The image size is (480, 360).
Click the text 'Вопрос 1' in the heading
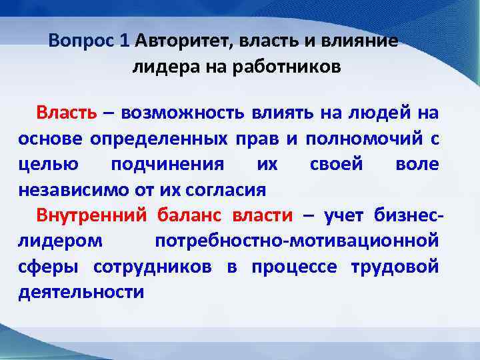coord(89,41)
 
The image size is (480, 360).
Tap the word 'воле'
coord(417,163)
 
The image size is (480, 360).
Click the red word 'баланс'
coord(191,215)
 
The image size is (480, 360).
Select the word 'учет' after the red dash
coord(345,215)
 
